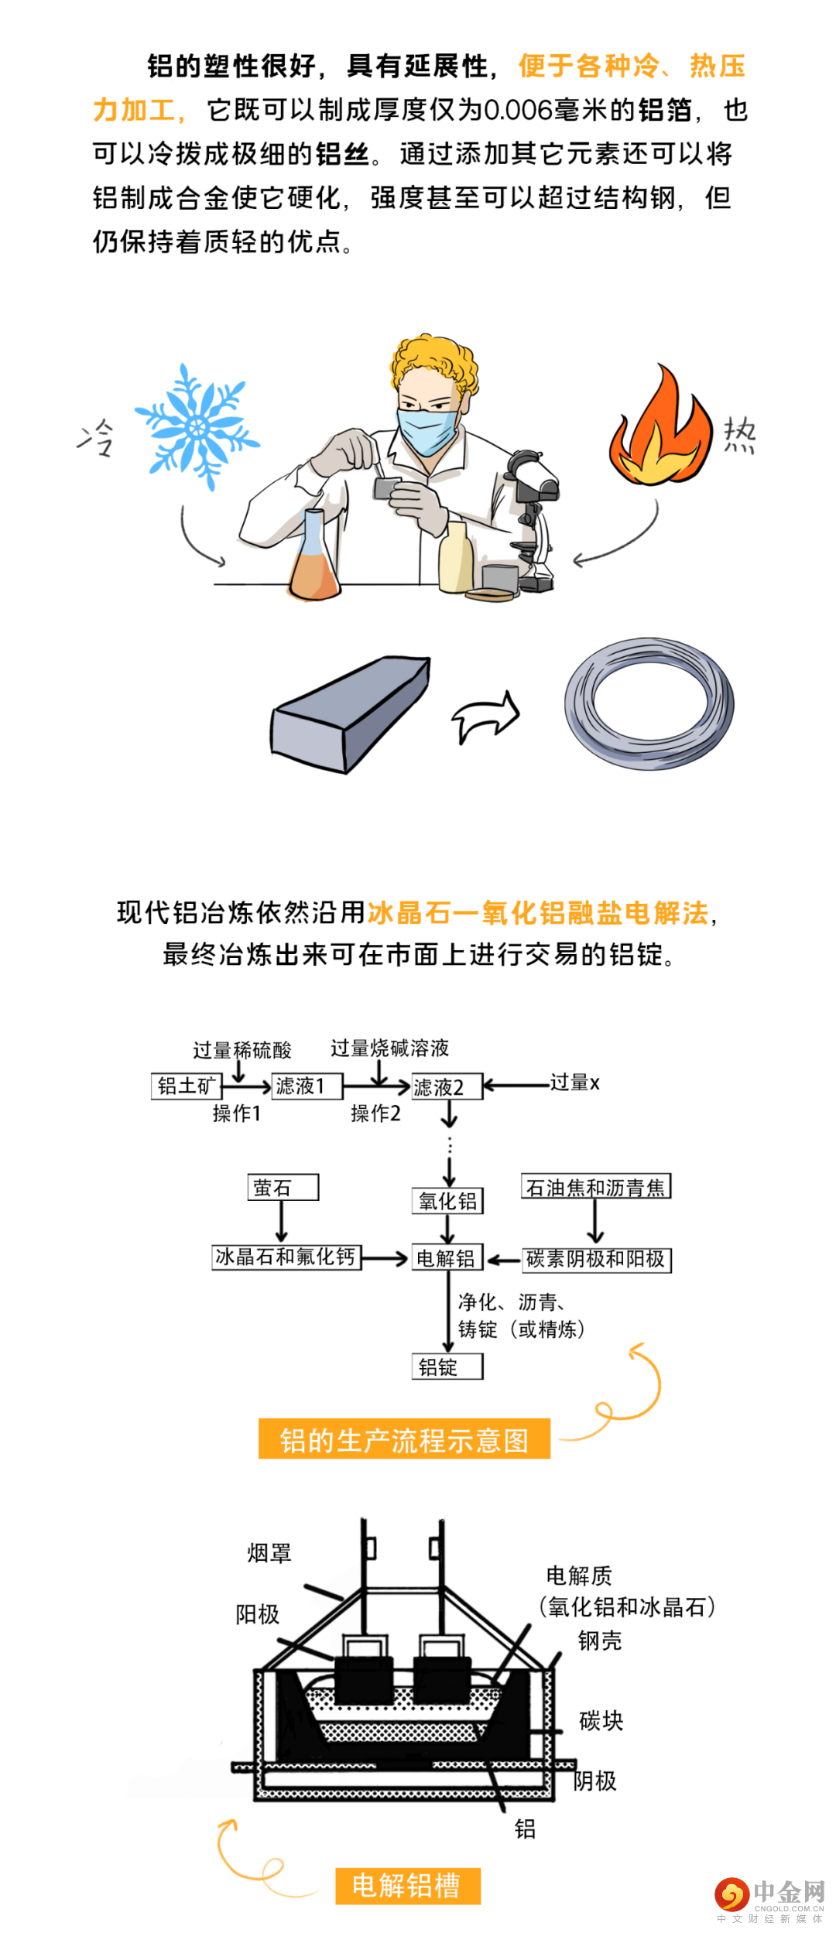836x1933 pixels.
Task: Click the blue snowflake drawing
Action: pyautogui.click(x=197, y=427)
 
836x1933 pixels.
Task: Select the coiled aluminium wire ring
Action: pyautogui.click(x=649, y=703)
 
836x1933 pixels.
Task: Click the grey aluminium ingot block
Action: pyautogui.click(x=351, y=713)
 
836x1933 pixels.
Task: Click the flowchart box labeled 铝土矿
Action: pyautogui.click(x=187, y=1086)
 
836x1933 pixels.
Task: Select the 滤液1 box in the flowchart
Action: pyautogui.click(x=307, y=1086)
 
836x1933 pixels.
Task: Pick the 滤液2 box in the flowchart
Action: pyautogui.click(x=447, y=1086)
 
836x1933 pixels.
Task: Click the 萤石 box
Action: pyautogui.click(x=283, y=1187)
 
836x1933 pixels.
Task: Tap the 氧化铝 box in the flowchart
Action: pyautogui.click(x=447, y=1200)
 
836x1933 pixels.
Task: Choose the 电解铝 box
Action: pyautogui.click(x=447, y=1257)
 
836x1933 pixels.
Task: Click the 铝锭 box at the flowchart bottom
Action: pyautogui.click(x=447, y=1367)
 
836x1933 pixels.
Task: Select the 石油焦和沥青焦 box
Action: pyautogui.click(x=596, y=1186)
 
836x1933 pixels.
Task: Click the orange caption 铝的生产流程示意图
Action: pyautogui.click(x=404, y=1439)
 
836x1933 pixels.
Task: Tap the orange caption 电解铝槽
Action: pyautogui.click(x=408, y=1885)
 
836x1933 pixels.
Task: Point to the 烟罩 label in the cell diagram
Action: pyautogui.click(x=269, y=1552)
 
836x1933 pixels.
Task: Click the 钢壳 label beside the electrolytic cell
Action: pyautogui.click(x=600, y=1640)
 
